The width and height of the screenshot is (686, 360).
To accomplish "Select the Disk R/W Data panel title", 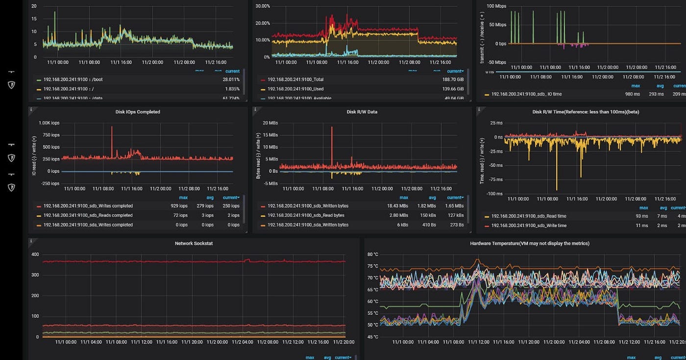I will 362,112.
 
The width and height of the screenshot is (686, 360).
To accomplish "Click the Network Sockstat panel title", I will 194,243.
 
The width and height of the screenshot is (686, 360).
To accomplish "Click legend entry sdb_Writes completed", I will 88,206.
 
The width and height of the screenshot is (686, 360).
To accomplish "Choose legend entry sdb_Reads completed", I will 88,216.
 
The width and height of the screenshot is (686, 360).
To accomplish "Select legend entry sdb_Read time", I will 529,216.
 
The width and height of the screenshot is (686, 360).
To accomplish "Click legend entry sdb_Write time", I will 529,226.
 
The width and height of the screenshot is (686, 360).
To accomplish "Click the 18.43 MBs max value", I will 397,206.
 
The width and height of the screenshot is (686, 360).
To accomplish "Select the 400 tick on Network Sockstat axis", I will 35,254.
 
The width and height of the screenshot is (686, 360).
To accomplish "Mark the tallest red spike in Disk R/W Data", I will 332,128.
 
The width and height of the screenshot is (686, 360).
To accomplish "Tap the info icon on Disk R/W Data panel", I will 256,110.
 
